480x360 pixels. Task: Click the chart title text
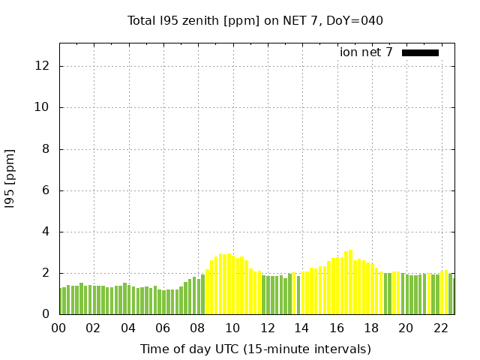pos(255,20)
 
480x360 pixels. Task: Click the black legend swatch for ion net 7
pos(420,52)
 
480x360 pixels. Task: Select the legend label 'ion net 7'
pos(366,52)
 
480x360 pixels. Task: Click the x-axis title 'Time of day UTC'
pos(255,349)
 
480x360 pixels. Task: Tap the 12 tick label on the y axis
pos(43,66)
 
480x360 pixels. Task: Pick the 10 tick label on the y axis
pos(43,107)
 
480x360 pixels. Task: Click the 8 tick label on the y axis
pos(46,149)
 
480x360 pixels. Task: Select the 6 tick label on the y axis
pos(46,190)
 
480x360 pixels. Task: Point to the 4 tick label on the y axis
pos(46,232)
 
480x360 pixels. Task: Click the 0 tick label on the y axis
pos(46,315)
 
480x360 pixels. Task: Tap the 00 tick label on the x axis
pos(59,328)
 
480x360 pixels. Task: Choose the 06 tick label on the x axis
pos(163,328)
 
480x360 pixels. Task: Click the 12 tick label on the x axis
pos(267,328)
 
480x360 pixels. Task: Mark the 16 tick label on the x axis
pos(336,328)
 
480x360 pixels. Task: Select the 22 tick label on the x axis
pos(440,328)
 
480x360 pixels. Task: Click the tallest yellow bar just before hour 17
pos(350,282)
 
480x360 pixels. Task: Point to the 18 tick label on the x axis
pos(370,328)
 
